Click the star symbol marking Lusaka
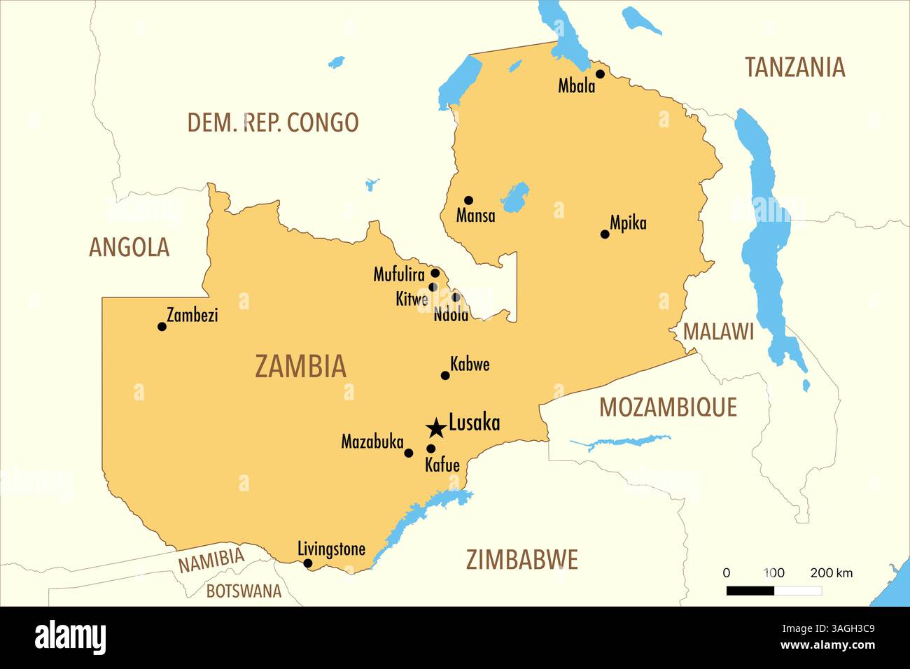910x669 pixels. tap(436, 427)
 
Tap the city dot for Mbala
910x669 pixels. tap(600, 73)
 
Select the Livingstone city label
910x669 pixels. tap(331, 549)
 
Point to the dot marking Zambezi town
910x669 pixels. tap(162, 326)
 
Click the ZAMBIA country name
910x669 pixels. tap(300, 367)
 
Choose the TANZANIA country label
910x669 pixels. tap(794, 67)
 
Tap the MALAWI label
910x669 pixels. tap(718, 332)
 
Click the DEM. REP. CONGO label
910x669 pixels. tap(272, 122)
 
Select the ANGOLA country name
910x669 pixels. tap(129, 247)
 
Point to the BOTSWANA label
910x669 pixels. tap(243, 591)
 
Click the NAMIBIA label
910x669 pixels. tap(211, 561)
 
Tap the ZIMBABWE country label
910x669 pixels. tap(521, 560)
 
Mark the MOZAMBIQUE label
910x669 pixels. tap(668, 407)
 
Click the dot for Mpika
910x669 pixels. tap(605, 234)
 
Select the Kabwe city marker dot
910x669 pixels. tap(444, 375)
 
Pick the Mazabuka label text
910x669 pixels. tap(372, 442)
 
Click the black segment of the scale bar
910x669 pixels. tap(750, 591)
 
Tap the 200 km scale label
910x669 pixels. tap(831, 572)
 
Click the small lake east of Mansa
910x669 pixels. tap(516, 198)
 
